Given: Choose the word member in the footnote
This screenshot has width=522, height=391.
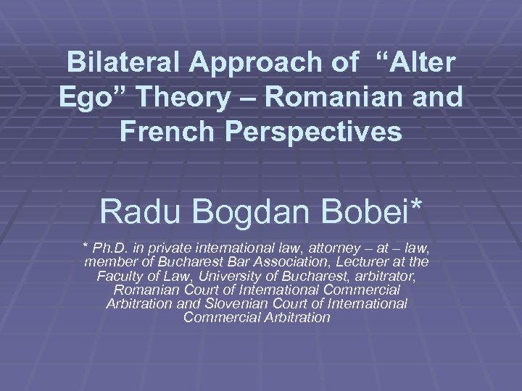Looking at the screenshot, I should pos(110,262).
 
